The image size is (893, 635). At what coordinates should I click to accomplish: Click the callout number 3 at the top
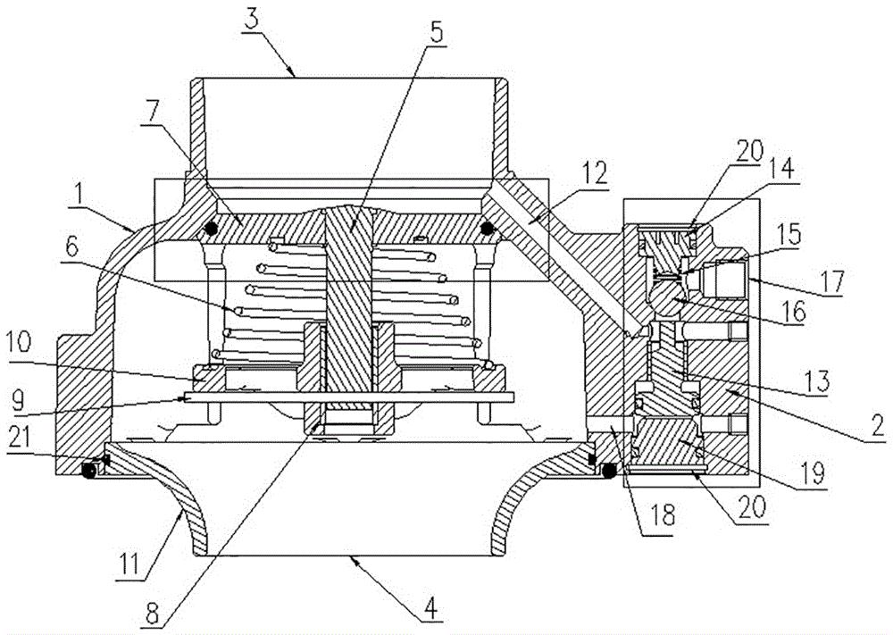(x=251, y=19)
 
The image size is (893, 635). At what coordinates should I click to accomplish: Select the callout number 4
(x=430, y=609)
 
